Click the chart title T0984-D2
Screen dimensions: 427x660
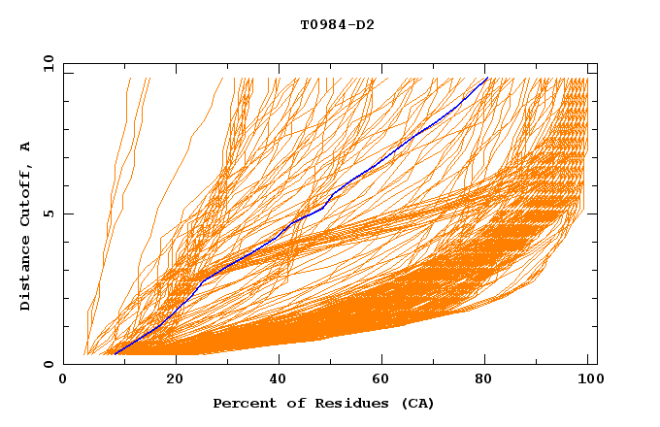tap(337, 24)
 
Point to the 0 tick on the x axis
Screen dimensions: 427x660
tap(64, 379)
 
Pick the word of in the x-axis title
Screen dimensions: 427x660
tap(288, 403)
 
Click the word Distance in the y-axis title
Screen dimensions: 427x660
tap(26, 277)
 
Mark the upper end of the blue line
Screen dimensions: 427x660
tap(487, 78)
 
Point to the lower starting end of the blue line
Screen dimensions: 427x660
tap(114, 354)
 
